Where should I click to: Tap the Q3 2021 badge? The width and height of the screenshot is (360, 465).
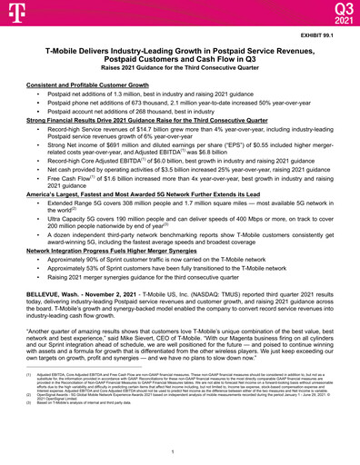click(336, 13)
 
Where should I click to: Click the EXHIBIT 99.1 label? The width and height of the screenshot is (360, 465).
click(326, 35)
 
